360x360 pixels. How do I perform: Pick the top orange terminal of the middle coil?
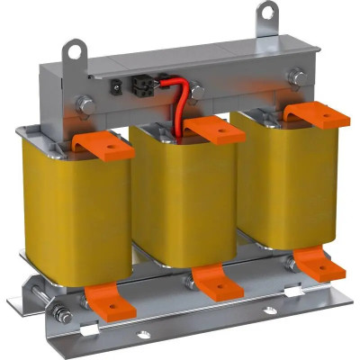(x=213, y=130)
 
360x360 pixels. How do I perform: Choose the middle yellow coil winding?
(x=180, y=198)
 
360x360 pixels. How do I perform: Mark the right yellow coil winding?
(x=274, y=180)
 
